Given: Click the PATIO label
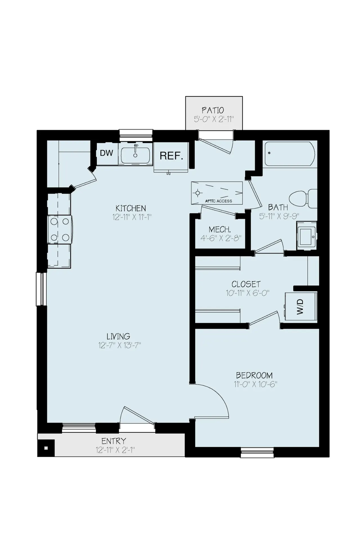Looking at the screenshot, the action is pyautogui.click(x=213, y=110).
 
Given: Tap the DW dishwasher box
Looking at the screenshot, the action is pyautogui.click(x=107, y=154).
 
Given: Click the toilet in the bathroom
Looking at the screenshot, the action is pyautogui.click(x=303, y=198).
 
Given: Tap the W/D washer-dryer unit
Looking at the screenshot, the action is pyautogui.click(x=301, y=306).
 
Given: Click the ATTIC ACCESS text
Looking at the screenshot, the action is pyautogui.click(x=219, y=201).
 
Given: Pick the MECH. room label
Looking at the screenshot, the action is pyautogui.click(x=220, y=229).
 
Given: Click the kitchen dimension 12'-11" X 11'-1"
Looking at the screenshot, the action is pyautogui.click(x=132, y=217).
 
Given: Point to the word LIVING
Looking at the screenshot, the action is pyautogui.click(x=118, y=336).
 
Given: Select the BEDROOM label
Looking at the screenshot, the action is pyautogui.click(x=254, y=375).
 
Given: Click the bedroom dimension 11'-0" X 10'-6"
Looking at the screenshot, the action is pyautogui.click(x=256, y=384).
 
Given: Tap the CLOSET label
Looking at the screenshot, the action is pyautogui.click(x=246, y=284).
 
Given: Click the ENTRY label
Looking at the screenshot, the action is pyautogui.click(x=114, y=441).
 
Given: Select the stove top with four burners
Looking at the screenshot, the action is pyautogui.click(x=60, y=229).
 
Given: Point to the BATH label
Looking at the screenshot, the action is pyautogui.click(x=278, y=208).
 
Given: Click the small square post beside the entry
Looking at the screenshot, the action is pyautogui.click(x=46, y=448).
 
